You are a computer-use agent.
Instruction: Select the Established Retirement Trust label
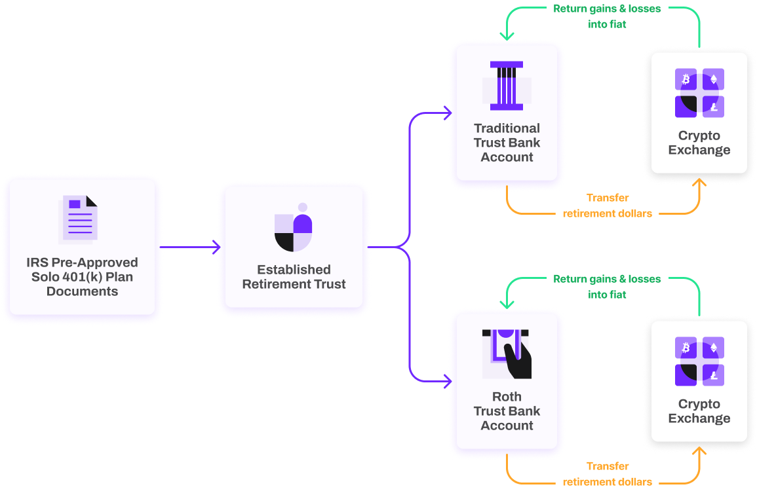click(x=294, y=277)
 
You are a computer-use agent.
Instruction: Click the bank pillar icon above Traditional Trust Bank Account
click(x=506, y=85)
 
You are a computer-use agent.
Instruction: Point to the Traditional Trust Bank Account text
click(x=507, y=143)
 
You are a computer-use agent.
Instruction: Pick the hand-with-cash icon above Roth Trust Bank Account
click(x=507, y=354)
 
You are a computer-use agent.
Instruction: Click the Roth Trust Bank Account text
click(x=507, y=411)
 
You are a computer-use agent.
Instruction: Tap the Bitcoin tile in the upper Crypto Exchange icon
click(x=686, y=80)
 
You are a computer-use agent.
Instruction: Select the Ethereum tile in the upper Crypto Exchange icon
click(x=713, y=80)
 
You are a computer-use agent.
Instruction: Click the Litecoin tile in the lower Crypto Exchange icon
click(x=713, y=374)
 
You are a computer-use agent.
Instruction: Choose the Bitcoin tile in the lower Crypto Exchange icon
click(x=686, y=347)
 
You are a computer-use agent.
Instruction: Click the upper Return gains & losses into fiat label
click(x=607, y=16)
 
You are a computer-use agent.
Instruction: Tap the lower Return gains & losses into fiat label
click(x=607, y=287)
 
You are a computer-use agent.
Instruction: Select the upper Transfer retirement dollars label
click(x=607, y=206)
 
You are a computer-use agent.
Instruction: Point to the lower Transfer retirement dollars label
click(x=607, y=474)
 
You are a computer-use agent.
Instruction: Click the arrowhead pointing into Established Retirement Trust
click(x=216, y=247)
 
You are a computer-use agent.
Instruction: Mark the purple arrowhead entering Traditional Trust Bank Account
click(x=448, y=113)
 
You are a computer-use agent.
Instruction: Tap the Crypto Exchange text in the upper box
click(x=699, y=143)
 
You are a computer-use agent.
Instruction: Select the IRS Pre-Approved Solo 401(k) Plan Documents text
click(x=82, y=277)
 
